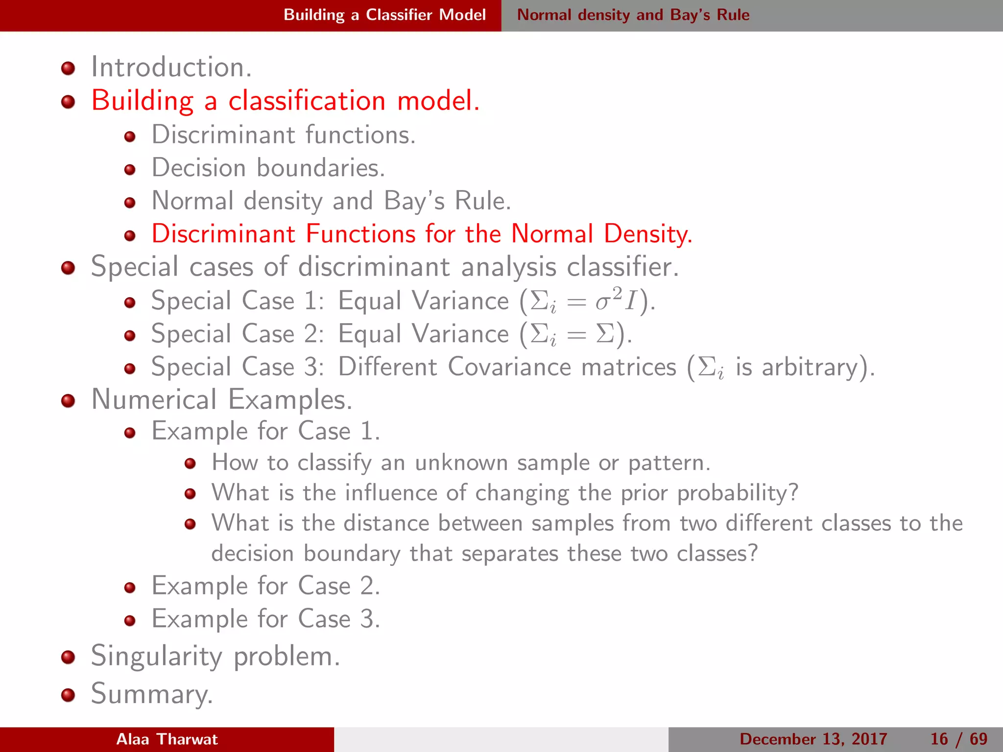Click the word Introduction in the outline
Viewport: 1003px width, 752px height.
point(170,67)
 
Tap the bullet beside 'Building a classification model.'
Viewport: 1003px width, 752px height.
point(68,102)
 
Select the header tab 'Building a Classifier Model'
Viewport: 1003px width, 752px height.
point(384,15)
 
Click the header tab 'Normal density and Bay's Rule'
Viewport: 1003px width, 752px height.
point(633,15)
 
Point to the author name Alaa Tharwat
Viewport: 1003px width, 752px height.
point(167,739)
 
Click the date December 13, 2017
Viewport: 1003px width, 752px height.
point(813,739)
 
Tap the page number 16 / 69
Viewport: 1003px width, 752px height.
point(958,739)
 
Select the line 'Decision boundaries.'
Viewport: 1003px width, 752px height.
point(268,168)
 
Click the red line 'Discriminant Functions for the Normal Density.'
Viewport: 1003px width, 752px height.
point(422,234)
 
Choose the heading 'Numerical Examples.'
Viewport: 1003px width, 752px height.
point(221,399)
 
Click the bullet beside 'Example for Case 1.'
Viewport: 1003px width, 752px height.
point(130,433)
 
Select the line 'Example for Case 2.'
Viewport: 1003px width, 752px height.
point(265,586)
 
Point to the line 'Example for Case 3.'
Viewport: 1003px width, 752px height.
point(265,619)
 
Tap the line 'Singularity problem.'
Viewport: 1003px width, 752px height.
point(215,656)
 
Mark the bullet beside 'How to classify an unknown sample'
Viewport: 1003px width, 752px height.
point(190,464)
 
